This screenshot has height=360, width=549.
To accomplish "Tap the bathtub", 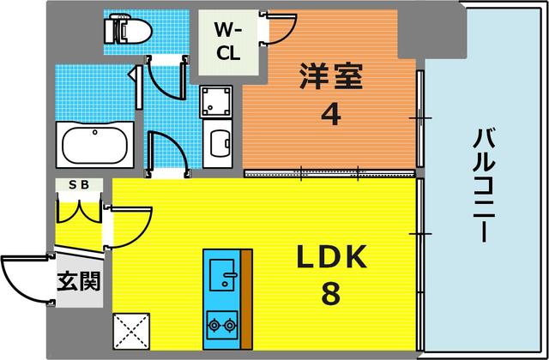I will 94,144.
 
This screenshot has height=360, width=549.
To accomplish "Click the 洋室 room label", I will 330,76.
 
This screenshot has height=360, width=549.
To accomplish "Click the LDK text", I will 332,257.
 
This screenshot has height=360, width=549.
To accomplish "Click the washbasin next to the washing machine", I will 218,142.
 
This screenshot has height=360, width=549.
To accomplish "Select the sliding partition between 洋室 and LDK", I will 330,173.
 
